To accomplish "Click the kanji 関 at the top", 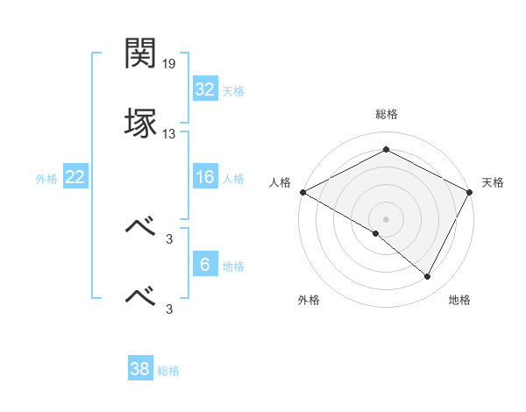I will tap(140, 54).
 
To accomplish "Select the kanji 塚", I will tap(140, 124).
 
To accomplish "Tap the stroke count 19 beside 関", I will tap(170, 64).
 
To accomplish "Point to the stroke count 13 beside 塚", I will tap(170, 134).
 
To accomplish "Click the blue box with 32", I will tap(204, 89).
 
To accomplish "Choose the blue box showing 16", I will tap(204, 178).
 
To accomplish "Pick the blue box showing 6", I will tap(204, 266).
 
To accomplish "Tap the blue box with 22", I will tap(75, 178).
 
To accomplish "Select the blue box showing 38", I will tap(139, 369).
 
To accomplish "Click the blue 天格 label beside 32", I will tap(233, 91).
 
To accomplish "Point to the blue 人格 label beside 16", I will tap(233, 179).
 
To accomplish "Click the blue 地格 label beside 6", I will tap(233, 266).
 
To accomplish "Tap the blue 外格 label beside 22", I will tap(46, 179).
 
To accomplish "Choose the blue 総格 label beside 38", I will tap(168, 371).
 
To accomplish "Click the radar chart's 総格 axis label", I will tap(386, 114).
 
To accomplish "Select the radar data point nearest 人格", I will tap(302, 191).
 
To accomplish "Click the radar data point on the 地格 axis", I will tap(428, 277).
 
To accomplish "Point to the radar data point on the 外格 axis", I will tap(376, 233).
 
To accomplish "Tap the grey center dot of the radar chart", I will tap(386, 218).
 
